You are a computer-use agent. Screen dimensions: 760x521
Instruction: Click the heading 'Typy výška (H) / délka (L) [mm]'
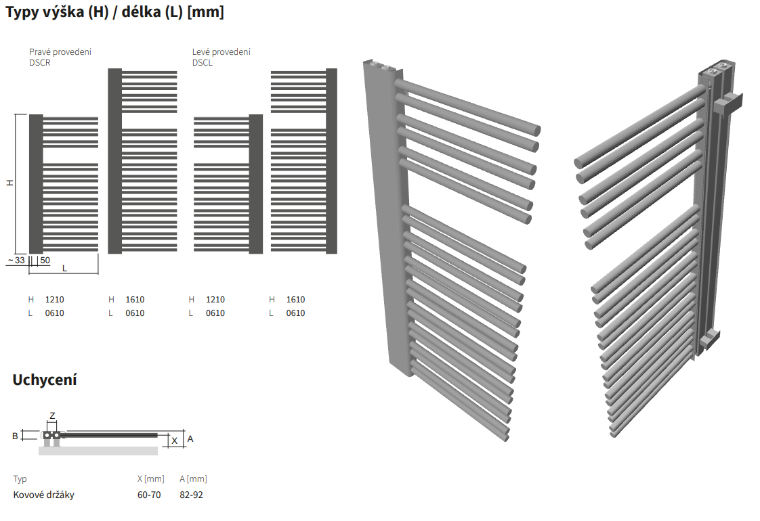(115, 12)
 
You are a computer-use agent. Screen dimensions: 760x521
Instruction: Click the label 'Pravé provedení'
(60, 52)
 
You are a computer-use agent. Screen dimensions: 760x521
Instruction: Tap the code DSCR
(40, 63)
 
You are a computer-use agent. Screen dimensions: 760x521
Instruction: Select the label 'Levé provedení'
(221, 52)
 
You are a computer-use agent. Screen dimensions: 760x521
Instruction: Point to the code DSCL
(202, 63)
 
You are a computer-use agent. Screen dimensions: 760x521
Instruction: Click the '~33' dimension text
(16, 260)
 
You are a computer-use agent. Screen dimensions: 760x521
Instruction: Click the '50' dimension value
(45, 260)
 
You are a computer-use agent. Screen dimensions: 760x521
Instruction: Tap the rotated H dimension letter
(9, 183)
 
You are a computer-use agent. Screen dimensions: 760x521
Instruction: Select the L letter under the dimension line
(64, 269)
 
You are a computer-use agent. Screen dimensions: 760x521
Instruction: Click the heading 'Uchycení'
(45, 380)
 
